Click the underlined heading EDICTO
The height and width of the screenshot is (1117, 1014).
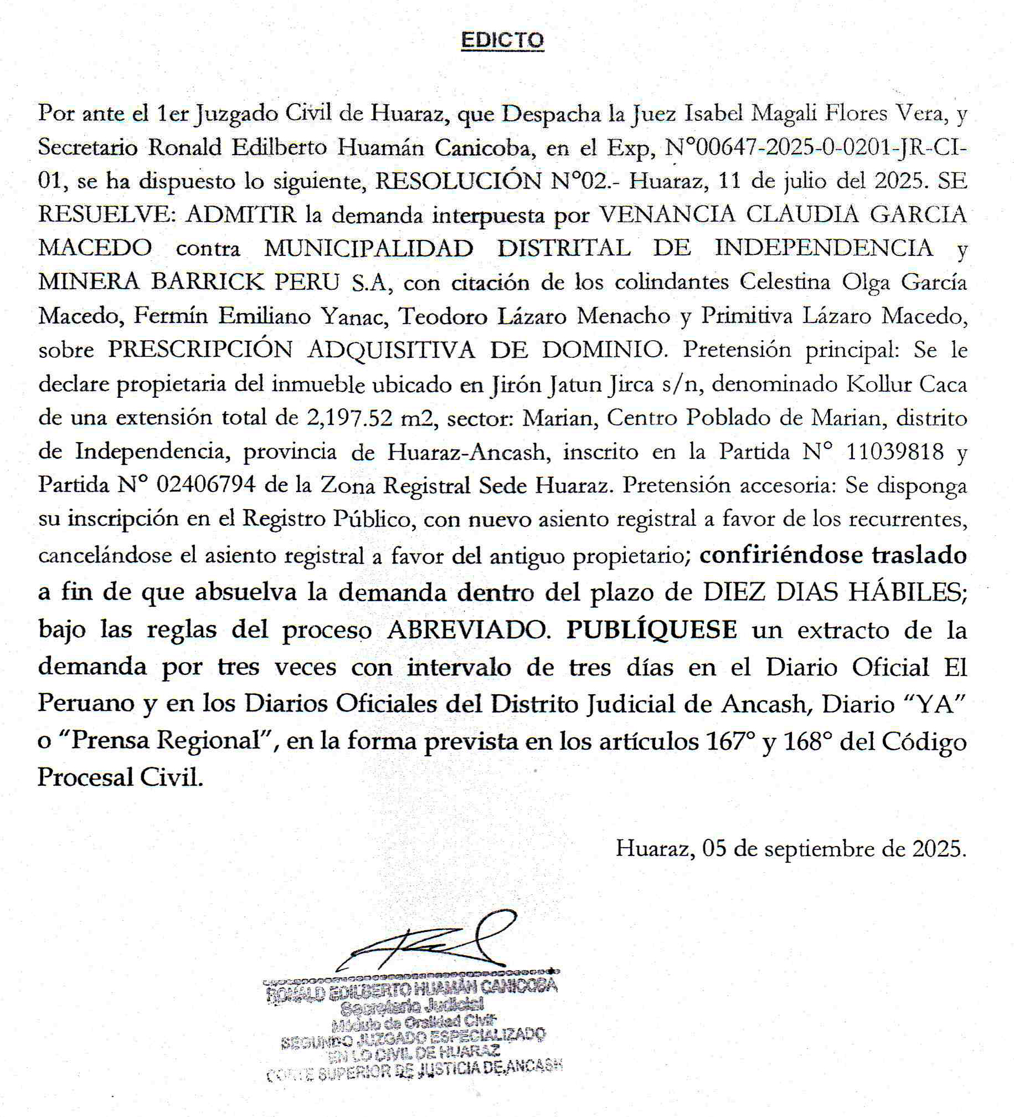pos(502,40)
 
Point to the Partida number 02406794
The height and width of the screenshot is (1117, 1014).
pos(206,485)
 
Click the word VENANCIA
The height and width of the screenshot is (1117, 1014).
pos(667,214)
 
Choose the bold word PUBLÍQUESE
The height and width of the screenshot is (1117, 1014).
pos(651,630)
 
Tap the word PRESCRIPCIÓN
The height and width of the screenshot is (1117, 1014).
pos(200,350)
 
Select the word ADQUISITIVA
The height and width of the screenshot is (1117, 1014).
pos(392,350)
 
